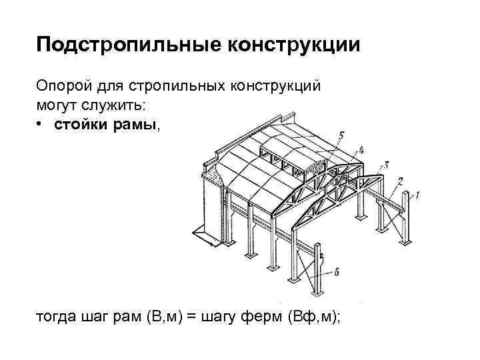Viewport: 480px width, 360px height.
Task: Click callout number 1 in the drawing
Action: (x=417, y=195)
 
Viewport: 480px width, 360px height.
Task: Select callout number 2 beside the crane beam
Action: (x=400, y=181)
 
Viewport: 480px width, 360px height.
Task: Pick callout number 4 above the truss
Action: (x=361, y=149)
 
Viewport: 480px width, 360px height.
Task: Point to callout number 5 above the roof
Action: (x=341, y=135)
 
